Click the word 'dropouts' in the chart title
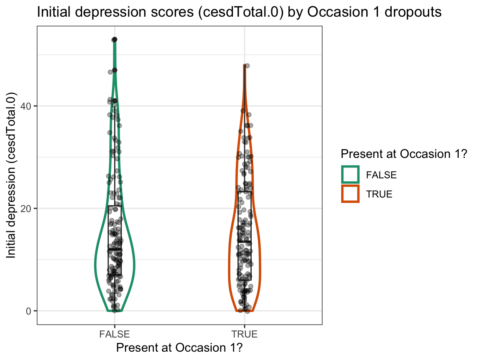(x=409, y=12)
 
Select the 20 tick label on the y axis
(x=27, y=208)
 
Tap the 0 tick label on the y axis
(x=30, y=311)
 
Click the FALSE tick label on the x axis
(x=114, y=334)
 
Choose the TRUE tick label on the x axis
(x=244, y=334)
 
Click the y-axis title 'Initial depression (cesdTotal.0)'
(x=12, y=175)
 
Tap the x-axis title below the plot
(x=179, y=347)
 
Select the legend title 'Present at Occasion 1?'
(x=403, y=154)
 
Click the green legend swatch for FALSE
(x=350, y=175)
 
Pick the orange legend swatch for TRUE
(x=350, y=194)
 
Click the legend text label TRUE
(x=379, y=194)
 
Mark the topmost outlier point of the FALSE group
(x=115, y=40)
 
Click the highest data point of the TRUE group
(x=247, y=66)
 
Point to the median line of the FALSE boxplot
(x=114, y=249)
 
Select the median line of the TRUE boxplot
(x=244, y=242)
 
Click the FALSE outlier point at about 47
(x=115, y=70)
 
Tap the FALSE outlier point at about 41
(x=115, y=101)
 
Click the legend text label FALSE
(x=381, y=175)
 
